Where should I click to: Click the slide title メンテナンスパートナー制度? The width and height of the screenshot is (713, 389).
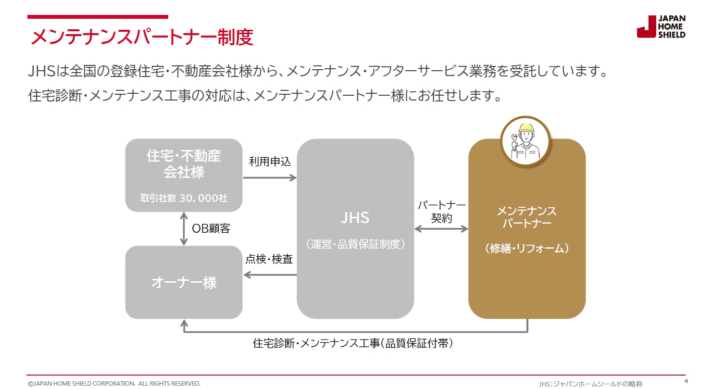(142, 38)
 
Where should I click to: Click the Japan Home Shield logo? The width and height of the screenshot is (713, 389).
(661, 27)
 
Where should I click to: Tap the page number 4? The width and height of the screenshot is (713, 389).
(686, 381)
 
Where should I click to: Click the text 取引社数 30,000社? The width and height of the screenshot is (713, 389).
(184, 198)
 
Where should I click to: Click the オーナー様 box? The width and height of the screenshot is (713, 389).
(184, 282)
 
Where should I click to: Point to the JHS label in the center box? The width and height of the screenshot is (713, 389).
(355, 218)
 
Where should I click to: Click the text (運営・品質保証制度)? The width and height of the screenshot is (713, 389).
(355, 244)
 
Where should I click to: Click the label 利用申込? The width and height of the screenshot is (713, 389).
(270, 162)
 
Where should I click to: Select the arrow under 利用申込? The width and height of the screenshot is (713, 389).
(270, 178)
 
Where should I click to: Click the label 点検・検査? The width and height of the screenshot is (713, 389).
(269, 259)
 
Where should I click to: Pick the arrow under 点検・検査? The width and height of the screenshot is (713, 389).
(270, 275)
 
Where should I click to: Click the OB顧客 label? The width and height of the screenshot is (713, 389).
(211, 229)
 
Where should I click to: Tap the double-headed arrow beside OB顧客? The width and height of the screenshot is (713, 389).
(184, 229)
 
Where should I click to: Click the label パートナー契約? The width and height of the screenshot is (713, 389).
(441, 212)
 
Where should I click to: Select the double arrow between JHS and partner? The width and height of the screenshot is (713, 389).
(441, 229)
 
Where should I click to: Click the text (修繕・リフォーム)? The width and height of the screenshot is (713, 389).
(526, 248)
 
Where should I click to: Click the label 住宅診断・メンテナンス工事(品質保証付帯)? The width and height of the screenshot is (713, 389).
(353, 344)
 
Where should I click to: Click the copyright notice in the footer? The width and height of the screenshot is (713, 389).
(114, 383)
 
